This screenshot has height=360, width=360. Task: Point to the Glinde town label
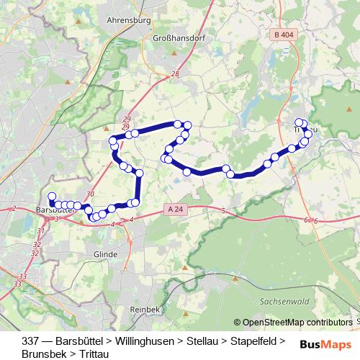104,254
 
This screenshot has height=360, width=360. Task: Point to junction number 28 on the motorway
175,75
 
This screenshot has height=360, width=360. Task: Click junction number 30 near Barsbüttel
89,194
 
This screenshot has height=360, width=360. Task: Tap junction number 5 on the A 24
224,210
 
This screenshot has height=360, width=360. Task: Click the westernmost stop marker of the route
51,197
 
